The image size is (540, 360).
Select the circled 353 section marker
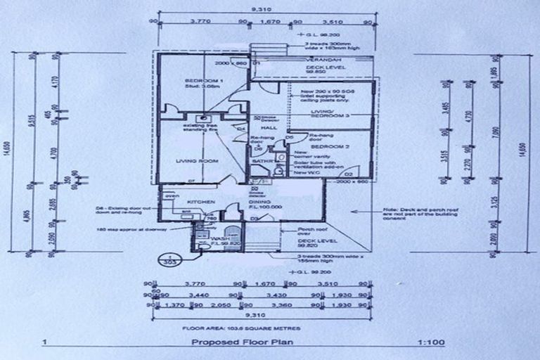coord(167,259)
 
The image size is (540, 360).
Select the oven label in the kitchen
coord(166,196)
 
